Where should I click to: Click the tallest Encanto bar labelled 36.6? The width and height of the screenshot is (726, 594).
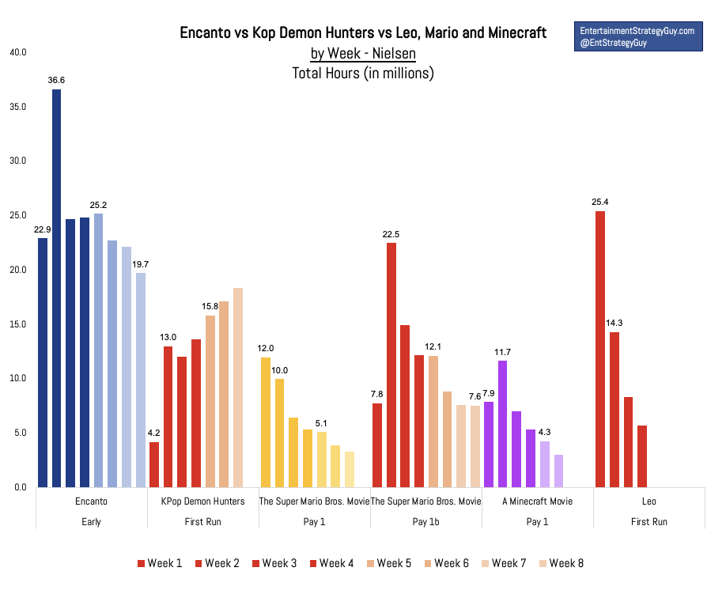(56, 288)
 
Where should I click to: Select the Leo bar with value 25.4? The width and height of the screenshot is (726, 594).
(599, 349)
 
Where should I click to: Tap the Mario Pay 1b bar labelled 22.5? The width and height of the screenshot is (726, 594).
(391, 365)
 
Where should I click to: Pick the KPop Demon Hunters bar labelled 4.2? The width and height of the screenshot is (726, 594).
(154, 464)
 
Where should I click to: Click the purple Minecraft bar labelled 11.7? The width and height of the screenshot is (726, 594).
(502, 423)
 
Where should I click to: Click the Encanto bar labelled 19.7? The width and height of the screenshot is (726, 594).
(141, 380)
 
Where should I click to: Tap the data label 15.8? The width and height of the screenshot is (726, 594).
(210, 306)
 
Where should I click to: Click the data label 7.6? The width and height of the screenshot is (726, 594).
(475, 396)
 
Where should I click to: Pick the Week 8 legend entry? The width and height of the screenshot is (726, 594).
(562, 563)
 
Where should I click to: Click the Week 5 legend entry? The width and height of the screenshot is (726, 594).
(389, 563)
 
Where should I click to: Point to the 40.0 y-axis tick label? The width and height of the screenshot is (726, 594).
(17, 52)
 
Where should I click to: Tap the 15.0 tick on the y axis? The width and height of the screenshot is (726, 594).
(17, 324)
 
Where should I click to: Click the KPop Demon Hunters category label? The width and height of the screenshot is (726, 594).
(202, 501)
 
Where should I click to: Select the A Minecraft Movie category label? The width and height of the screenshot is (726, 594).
(537, 501)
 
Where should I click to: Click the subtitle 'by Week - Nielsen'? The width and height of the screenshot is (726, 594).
(363, 54)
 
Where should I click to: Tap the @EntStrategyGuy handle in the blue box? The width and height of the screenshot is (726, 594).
(614, 43)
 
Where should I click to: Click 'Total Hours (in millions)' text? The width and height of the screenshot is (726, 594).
(363, 74)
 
